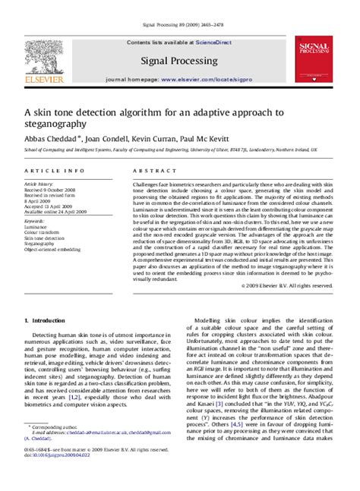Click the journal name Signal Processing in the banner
(180, 60)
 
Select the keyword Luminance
(36, 226)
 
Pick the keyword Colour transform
(41, 231)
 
